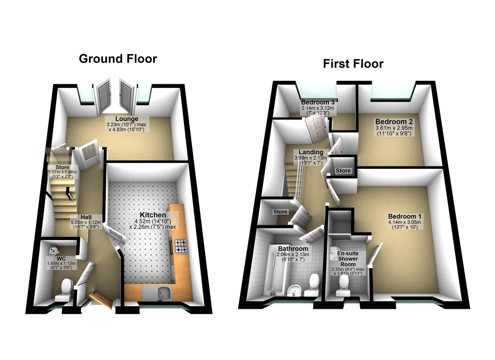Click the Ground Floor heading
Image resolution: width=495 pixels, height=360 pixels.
118,59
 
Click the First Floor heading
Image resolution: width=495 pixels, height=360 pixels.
353,64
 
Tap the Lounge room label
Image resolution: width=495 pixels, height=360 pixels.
127,119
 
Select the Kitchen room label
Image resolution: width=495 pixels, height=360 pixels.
153,215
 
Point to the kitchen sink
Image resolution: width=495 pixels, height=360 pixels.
165,293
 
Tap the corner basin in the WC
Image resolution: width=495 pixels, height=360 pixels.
53,250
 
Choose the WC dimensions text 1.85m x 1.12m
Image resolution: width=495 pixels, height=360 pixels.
61,263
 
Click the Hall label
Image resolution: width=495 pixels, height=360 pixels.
86,217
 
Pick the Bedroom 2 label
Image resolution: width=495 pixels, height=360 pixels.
394,122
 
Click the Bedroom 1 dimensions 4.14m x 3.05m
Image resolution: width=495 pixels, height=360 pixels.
404,222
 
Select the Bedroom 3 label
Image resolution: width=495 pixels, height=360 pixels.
317,102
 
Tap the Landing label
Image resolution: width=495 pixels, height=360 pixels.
311,152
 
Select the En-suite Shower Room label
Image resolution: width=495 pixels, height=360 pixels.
348,259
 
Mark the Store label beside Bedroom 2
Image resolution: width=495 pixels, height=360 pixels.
343,171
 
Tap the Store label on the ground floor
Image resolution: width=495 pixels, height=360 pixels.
63,167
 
